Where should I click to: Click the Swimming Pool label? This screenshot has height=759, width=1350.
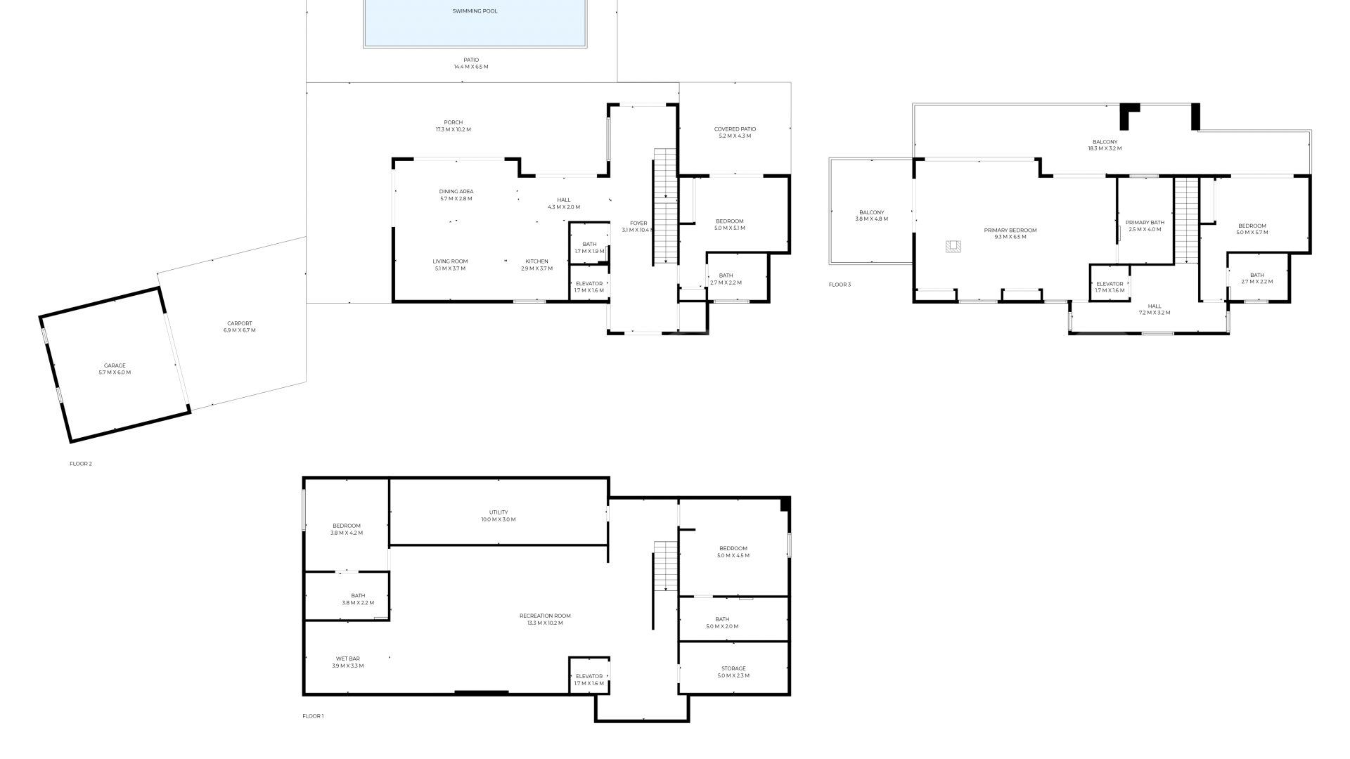pyautogui.click(x=475, y=11)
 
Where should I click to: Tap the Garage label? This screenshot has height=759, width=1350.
pyautogui.click(x=115, y=366)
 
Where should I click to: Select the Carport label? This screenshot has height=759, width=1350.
pyautogui.click(x=239, y=324)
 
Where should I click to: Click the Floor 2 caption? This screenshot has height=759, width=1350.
pyautogui.click(x=80, y=464)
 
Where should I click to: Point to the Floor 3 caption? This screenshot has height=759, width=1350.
pyautogui.click(x=840, y=285)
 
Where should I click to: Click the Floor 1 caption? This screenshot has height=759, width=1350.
pyautogui.click(x=313, y=716)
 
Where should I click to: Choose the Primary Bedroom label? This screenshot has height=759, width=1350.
pyautogui.click(x=1010, y=231)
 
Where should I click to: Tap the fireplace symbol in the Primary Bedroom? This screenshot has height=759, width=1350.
pyautogui.click(x=953, y=246)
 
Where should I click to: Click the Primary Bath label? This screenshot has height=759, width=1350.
pyautogui.click(x=1145, y=223)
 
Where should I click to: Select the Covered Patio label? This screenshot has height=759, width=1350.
pyautogui.click(x=735, y=129)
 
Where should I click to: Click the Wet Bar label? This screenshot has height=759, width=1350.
pyautogui.click(x=347, y=659)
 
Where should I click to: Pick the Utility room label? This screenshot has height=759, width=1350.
pyautogui.click(x=499, y=512)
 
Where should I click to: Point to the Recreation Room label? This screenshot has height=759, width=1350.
pyautogui.click(x=545, y=616)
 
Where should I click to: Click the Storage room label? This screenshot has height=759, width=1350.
pyautogui.click(x=733, y=669)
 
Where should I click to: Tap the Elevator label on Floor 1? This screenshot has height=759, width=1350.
pyautogui.click(x=589, y=677)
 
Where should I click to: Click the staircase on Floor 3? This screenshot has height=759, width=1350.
pyautogui.click(x=1186, y=221)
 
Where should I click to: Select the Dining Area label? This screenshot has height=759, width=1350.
pyautogui.click(x=456, y=192)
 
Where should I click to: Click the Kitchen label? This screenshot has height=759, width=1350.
pyautogui.click(x=536, y=261)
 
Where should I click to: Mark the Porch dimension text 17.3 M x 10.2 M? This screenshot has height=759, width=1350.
pyautogui.click(x=454, y=130)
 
